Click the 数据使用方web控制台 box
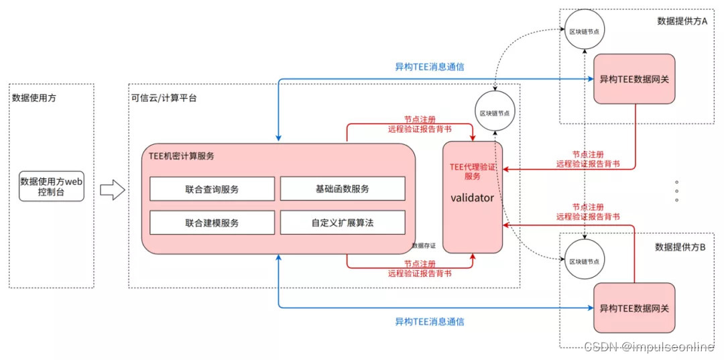coord(52,185)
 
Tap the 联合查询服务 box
coord(212,189)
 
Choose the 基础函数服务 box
coord(342,189)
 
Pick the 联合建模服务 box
coord(212,223)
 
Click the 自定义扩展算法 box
coord(342,223)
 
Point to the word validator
coord(472,198)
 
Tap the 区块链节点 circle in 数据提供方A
coord(583,32)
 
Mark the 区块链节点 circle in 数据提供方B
coord(583,261)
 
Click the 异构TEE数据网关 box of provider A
coord(633,79)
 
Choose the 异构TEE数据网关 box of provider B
coord(633,308)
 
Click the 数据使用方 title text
coord(34,98)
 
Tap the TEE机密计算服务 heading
coord(182,156)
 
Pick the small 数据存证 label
coord(424,246)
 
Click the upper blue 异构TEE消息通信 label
coord(429,67)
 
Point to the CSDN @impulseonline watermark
coord(649,347)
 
